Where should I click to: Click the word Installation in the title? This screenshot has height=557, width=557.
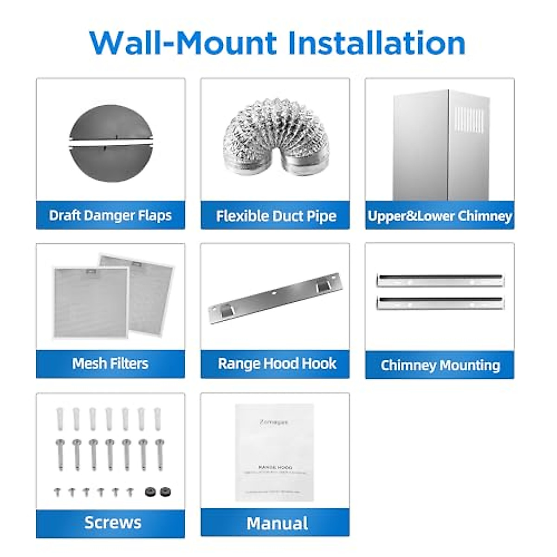pos(376,43)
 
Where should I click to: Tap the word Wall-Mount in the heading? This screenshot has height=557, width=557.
pos(183,43)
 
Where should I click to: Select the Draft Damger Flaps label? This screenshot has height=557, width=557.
pos(110,215)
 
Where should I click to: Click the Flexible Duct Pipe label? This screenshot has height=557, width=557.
pos(276,216)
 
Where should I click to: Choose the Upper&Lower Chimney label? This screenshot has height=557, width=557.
pos(440,216)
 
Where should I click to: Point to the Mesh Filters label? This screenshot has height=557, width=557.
pos(110,363)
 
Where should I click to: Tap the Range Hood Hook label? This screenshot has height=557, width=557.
pos(277,363)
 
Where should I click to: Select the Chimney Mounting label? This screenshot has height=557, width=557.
pos(440,365)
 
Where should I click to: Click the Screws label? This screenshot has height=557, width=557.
pos(113,523)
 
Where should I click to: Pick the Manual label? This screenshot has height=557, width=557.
pos(277,524)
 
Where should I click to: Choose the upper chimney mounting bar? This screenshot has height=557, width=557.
pos(440,280)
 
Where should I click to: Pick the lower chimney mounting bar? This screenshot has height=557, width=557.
pos(440,303)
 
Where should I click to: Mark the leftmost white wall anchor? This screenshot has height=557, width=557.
pos(60,419)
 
